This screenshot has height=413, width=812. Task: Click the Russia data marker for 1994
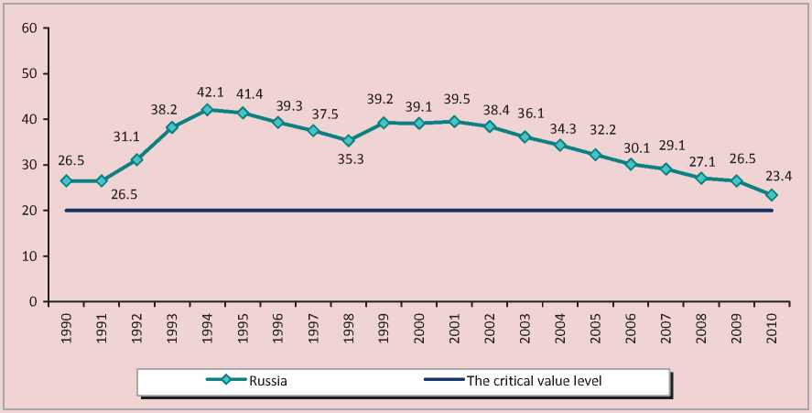tap(207, 110)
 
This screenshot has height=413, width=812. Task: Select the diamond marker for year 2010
tap(772, 195)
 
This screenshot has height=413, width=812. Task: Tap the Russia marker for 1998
tap(348, 141)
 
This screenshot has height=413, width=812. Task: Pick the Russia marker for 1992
tap(136, 159)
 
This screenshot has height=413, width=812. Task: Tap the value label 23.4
tap(772, 177)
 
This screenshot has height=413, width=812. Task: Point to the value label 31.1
tap(136, 141)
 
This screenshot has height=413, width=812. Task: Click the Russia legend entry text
tap(268, 381)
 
